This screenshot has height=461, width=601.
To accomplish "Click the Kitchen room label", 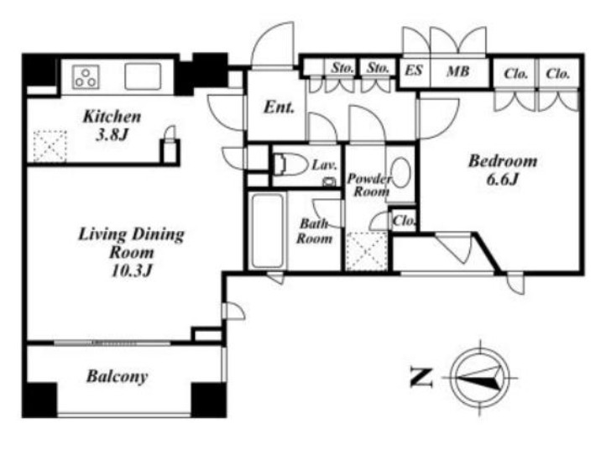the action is click(x=112, y=116).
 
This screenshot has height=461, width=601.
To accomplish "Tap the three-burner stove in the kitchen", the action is click(x=86, y=77).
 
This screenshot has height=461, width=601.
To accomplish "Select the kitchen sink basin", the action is click(x=143, y=76).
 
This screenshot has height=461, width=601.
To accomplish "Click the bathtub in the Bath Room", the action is click(x=267, y=231).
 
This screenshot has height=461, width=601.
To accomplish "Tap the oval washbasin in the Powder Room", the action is click(x=401, y=173).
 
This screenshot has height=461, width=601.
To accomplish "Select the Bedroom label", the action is click(x=503, y=161).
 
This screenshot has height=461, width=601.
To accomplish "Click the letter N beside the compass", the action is click(x=421, y=377).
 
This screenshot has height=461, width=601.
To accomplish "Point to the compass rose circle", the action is click(x=480, y=378).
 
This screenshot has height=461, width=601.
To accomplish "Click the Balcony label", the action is click(x=118, y=376).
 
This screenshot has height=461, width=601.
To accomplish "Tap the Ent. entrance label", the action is click(x=279, y=107).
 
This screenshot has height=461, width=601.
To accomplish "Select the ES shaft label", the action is click(x=414, y=71).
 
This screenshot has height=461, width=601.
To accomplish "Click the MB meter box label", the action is click(x=458, y=71).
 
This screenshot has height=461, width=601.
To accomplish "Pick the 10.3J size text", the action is click(x=132, y=270).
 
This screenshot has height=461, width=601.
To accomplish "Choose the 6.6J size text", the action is click(x=503, y=179).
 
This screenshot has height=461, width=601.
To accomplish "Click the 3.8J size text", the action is click(x=111, y=134).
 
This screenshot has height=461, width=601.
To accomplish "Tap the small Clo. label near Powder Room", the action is click(x=404, y=221).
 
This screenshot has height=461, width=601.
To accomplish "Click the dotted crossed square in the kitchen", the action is click(x=50, y=146).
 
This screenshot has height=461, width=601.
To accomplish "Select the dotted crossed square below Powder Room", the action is click(x=367, y=252).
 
